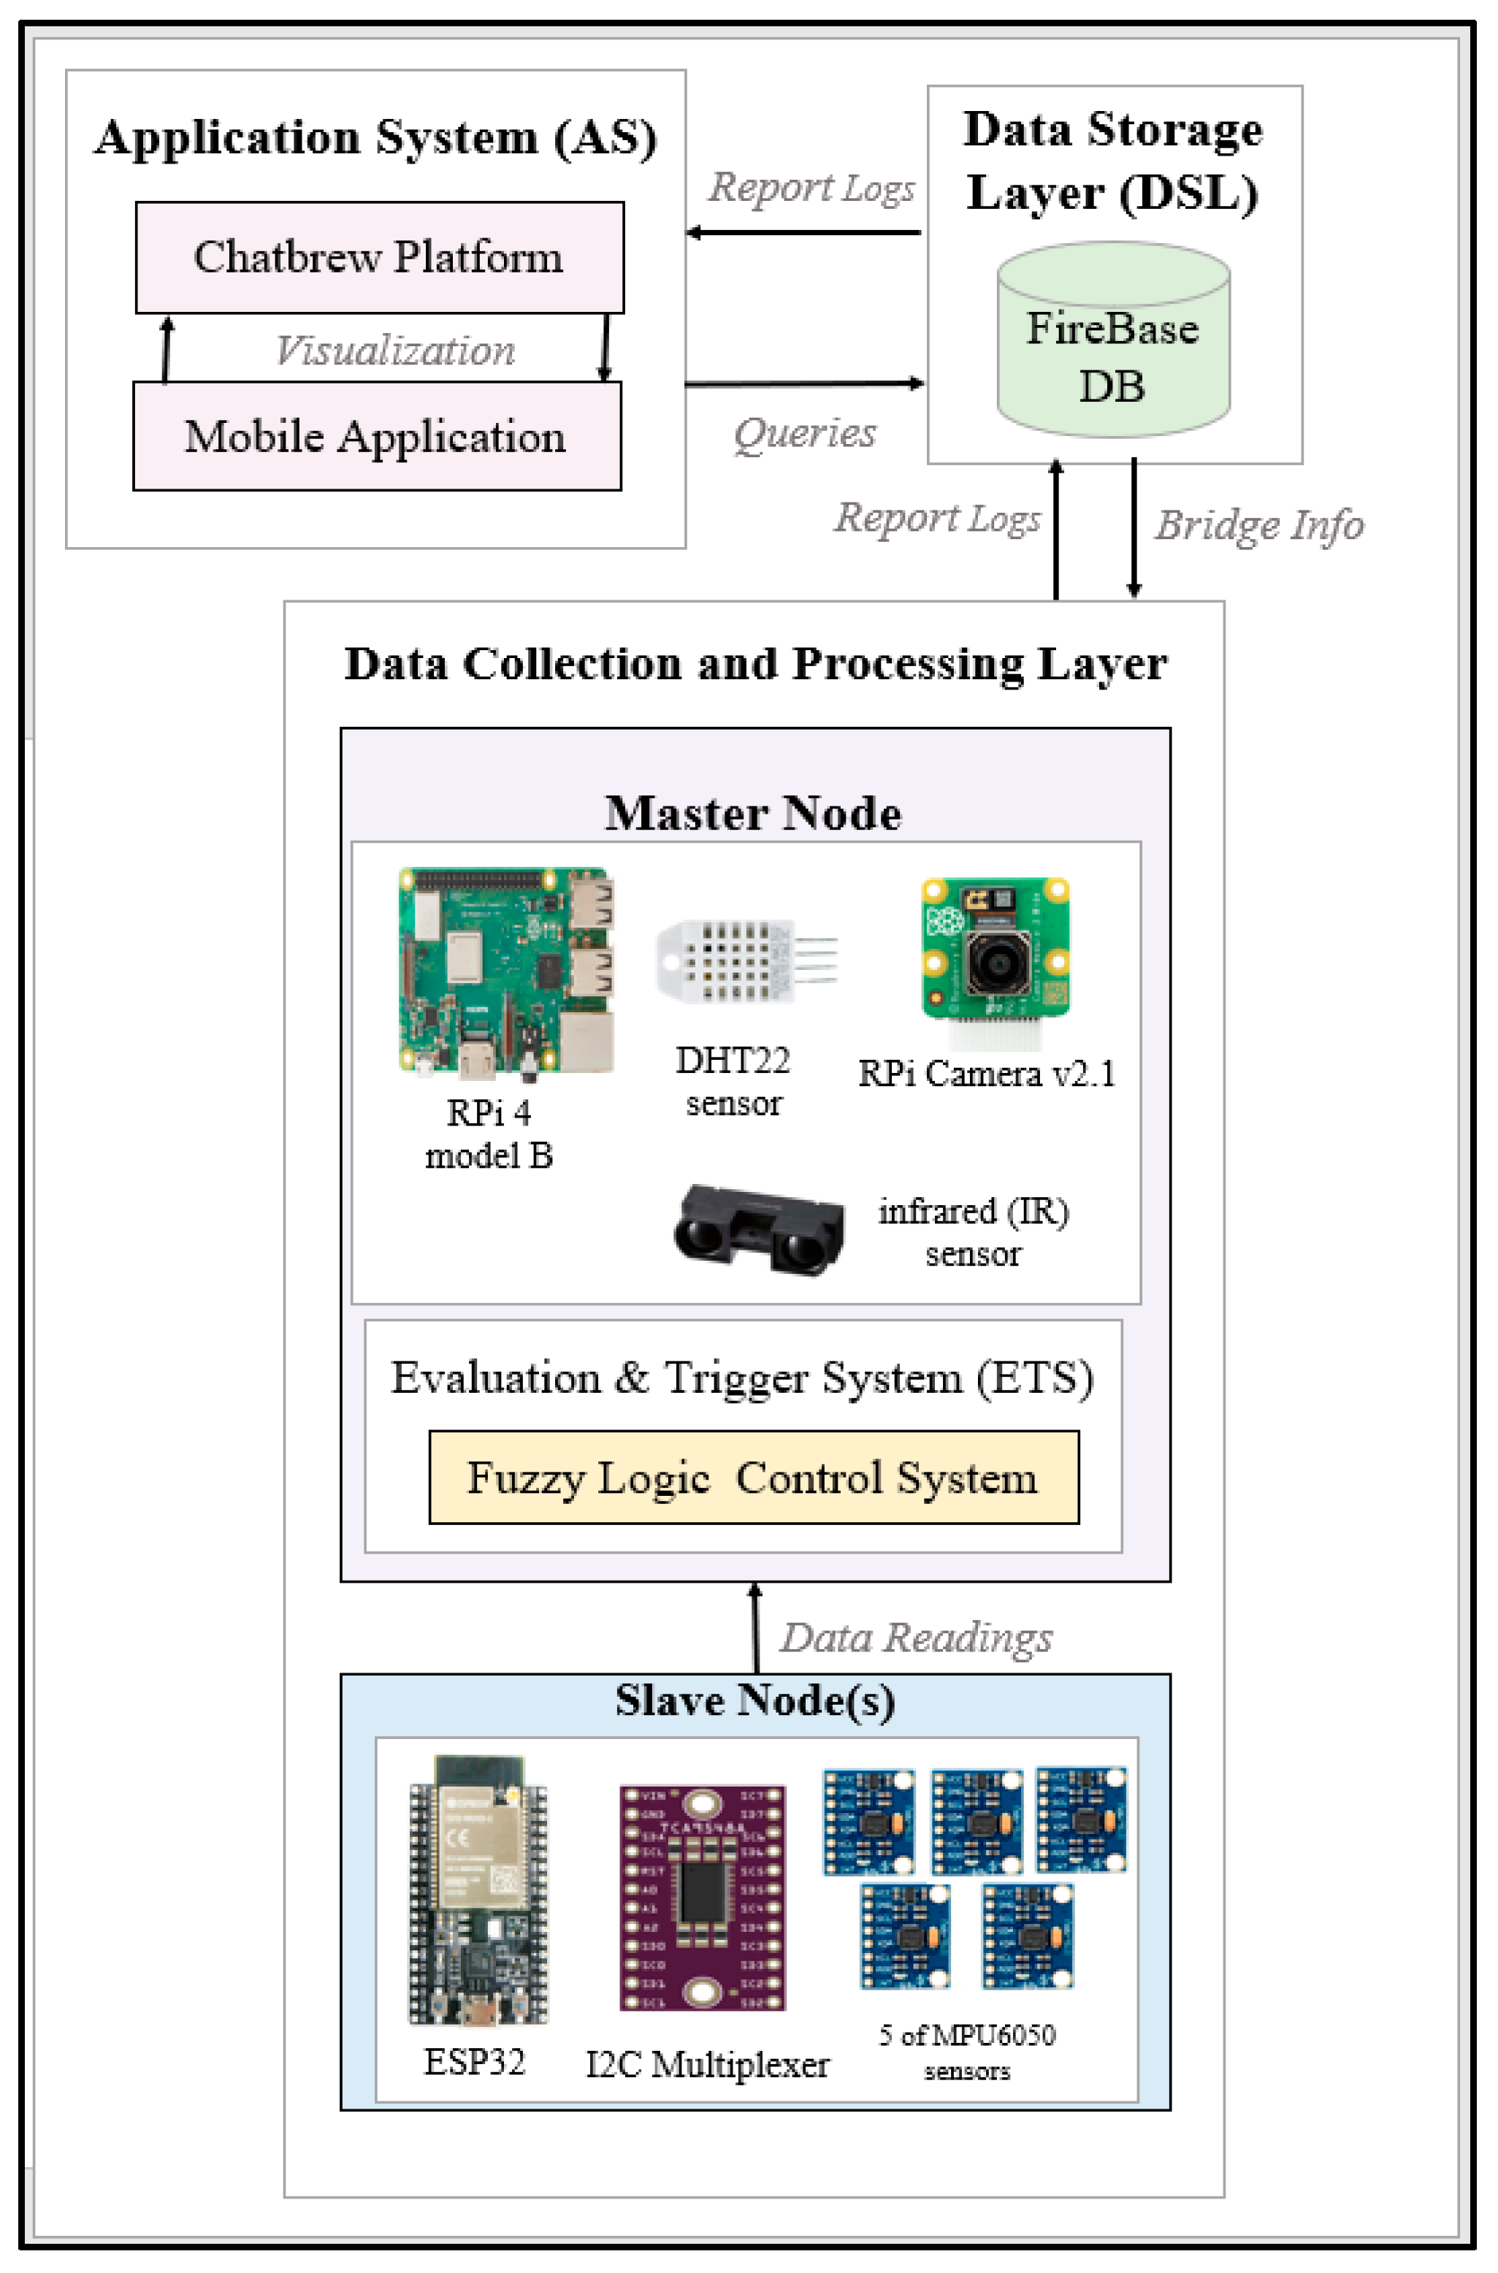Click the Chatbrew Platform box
(x=379, y=257)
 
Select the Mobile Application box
(x=376, y=437)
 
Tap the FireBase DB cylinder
(x=1113, y=344)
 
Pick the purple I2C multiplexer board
(x=702, y=1898)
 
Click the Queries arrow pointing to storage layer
(x=804, y=383)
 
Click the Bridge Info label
(x=1259, y=524)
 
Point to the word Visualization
(x=394, y=350)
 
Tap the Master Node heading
(x=753, y=813)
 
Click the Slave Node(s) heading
(x=754, y=1700)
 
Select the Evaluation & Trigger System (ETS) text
(x=742, y=1378)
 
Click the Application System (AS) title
(x=375, y=137)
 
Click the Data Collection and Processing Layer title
(x=754, y=663)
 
